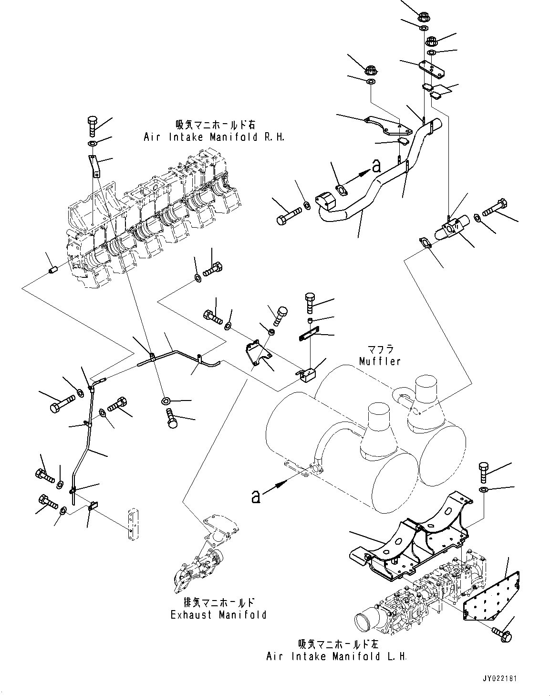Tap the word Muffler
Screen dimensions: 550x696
(380, 361)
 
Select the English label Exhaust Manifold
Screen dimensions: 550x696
(218, 615)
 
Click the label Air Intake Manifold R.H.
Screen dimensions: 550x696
(214, 137)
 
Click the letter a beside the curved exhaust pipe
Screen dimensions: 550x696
(376, 167)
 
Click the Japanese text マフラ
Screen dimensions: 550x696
(381, 349)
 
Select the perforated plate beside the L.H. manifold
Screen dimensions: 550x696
(491, 597)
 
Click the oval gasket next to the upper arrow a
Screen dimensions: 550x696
(342, 190)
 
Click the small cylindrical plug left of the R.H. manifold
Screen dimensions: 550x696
(52, 269)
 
